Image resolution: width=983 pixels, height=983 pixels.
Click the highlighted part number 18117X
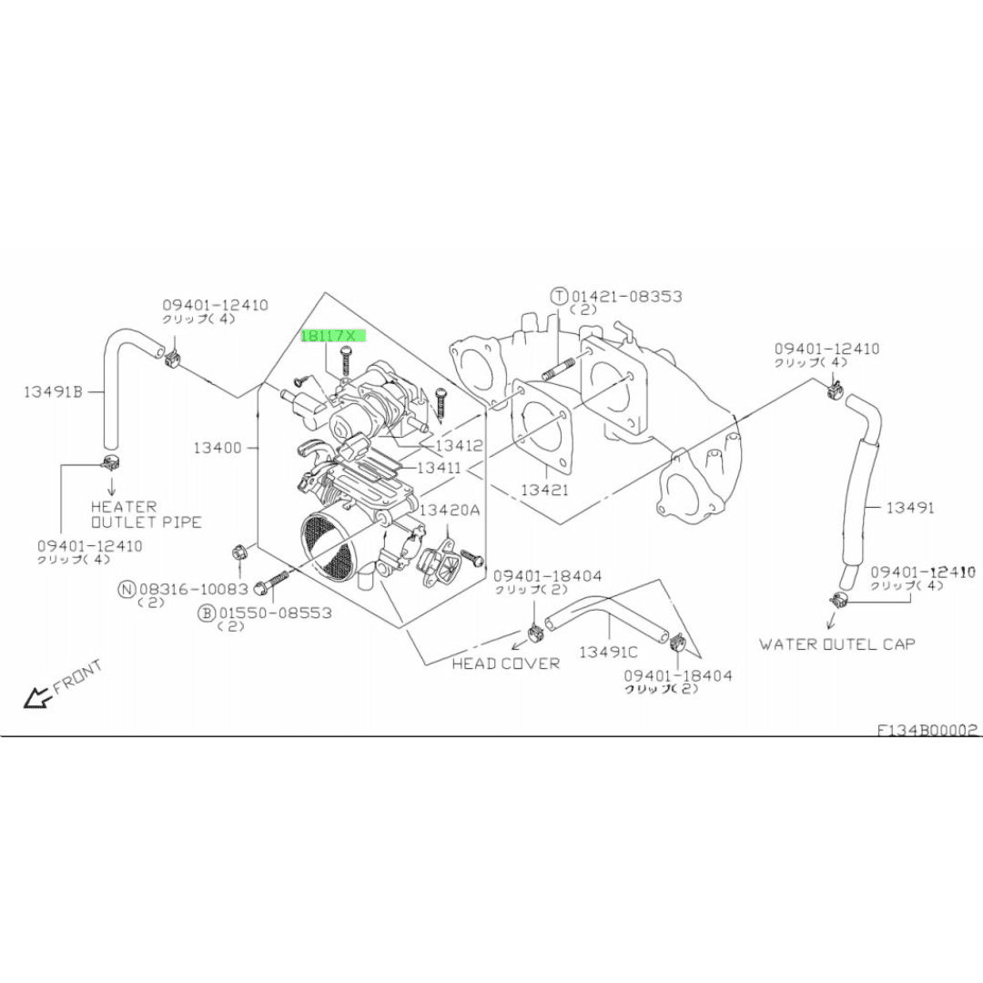click(329, 336)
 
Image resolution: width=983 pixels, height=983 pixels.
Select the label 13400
click(218, 448)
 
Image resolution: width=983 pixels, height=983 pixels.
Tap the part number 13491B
click(54, 391)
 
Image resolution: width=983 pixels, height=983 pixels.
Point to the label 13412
click(460, 446)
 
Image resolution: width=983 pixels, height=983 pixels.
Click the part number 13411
click(439, 468)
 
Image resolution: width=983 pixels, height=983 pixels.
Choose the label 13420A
click(450, 510)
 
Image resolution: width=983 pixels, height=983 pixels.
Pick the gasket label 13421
click(544, 489)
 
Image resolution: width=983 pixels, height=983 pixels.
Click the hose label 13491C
click(608, 652)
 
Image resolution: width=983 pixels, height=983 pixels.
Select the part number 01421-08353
click(626, 296)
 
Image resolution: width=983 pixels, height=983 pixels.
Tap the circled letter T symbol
click(559, 296)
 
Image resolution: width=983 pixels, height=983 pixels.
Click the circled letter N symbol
click(127, 589)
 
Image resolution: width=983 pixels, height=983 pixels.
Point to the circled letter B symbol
click(207, 613)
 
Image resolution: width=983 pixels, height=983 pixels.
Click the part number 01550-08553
click(275, 613)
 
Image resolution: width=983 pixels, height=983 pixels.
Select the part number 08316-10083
click(194, 589)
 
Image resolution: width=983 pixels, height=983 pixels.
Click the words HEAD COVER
click(506, 664)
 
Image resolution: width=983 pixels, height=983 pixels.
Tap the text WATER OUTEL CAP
click(837, 644)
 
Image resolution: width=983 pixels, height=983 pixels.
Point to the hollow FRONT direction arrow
click(37, 697)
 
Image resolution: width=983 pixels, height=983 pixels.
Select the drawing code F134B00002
click(927, 730)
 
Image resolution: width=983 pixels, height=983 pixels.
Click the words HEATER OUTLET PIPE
click(146, 514)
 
